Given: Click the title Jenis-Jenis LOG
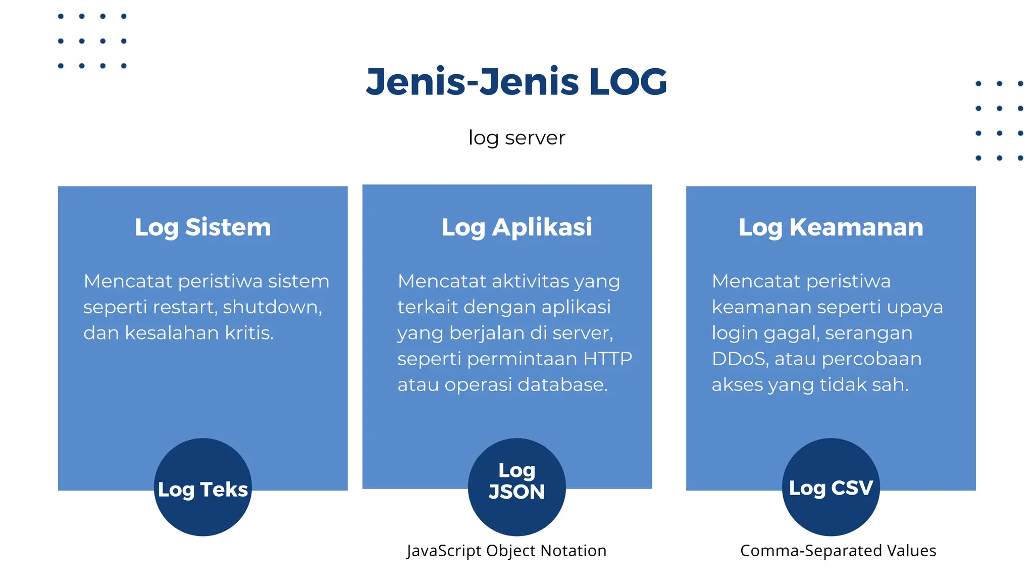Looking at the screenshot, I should (x=516, y=82).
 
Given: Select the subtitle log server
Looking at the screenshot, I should (x=516, y=138).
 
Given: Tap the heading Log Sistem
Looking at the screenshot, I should (x=202, y=227).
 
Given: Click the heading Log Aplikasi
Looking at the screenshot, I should (x=516, y=227).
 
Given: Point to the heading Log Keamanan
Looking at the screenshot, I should (x=831, y=227).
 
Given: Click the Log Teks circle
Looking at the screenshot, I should (x=202, y=488).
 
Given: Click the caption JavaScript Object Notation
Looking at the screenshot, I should (x=506, y=551).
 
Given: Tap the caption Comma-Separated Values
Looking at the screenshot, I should (x=838, y=551).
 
